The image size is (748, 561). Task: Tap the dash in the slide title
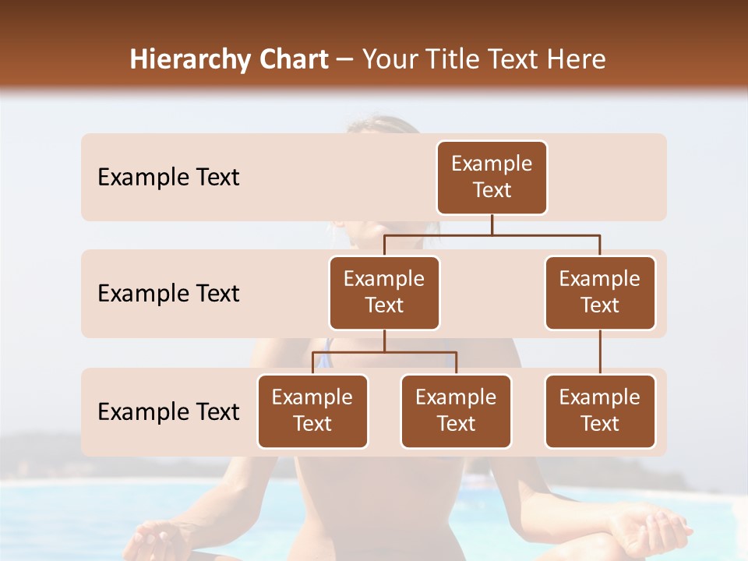(345, 61)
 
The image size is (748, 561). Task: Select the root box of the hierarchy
(492, 178)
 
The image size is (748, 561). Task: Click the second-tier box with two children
(384, 292)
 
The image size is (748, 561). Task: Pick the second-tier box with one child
(600, 292)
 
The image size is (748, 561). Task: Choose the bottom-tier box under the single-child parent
(600, 411)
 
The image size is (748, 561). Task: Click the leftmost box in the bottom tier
(312, 411)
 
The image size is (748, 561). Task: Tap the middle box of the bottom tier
(456, 411)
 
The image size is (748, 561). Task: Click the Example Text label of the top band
(168, 178)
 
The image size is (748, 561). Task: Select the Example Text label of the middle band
(168, 294)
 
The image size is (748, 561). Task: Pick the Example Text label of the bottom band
(168, 411)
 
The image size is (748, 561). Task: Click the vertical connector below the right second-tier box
(600, 352)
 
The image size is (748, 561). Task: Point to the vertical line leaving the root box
(492, 224)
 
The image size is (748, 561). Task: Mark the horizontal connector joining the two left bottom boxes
(384, 352)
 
